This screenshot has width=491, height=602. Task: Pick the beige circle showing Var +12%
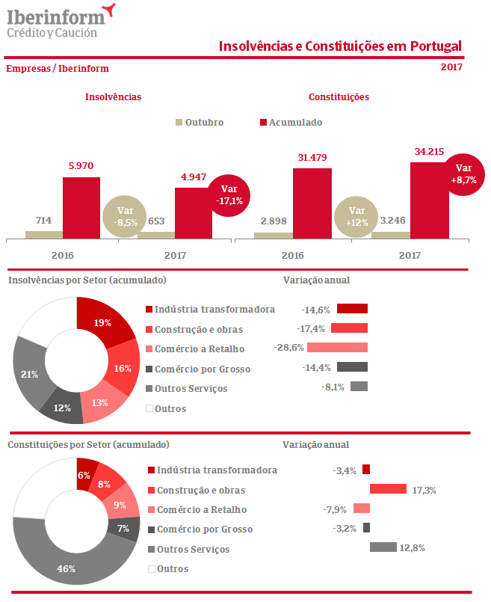point(356,217)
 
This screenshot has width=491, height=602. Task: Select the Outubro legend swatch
point(179,123)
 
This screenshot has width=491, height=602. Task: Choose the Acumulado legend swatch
point(263,123)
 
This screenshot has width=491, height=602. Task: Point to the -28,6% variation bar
point(337,348)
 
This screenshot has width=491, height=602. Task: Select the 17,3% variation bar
point(388,489)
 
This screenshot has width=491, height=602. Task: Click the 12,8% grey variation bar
point(383,547)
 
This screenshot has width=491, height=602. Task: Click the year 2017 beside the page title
point(451,67)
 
